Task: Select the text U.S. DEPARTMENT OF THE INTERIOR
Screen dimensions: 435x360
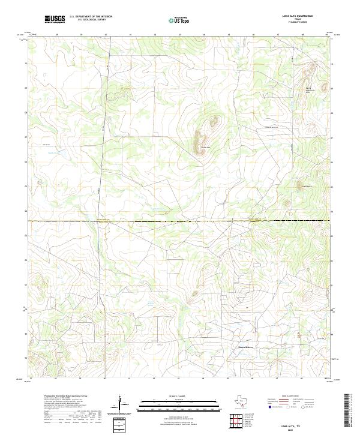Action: coord(91,16)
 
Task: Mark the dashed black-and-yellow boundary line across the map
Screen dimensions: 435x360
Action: coord(180,221)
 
